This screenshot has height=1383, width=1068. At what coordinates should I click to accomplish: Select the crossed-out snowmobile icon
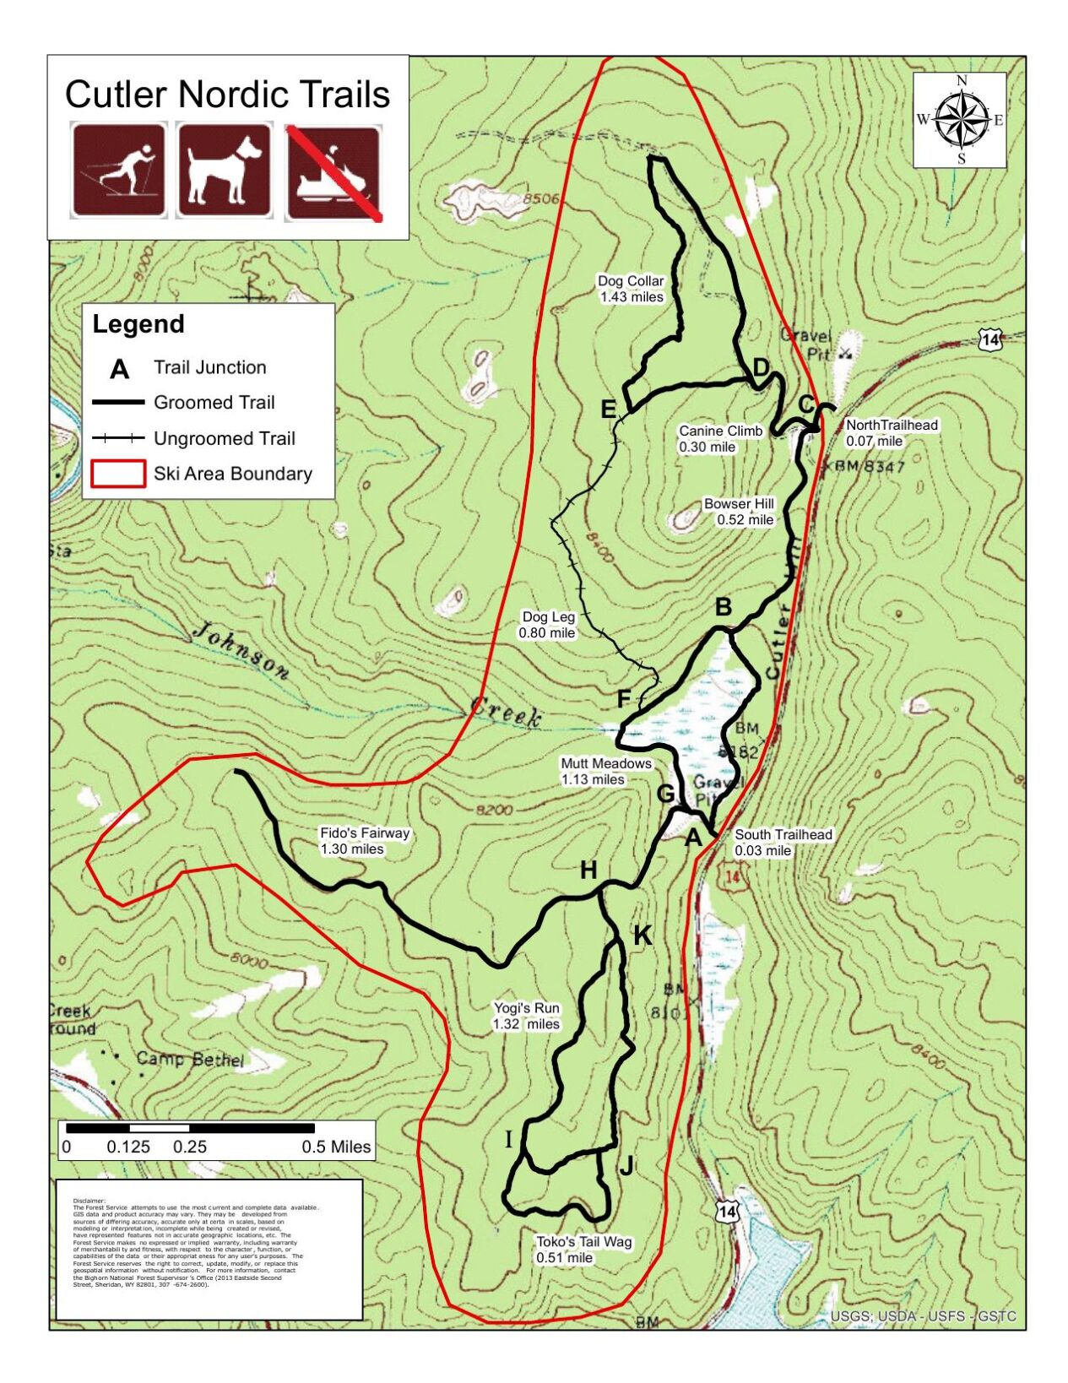pos(333,172)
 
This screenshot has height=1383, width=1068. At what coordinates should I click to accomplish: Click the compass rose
pos(961,120)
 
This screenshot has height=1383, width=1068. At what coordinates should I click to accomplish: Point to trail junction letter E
pos(608,409)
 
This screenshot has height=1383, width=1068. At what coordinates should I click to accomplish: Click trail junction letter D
pos(761,367)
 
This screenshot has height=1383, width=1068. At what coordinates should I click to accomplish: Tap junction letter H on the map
pos(588,870)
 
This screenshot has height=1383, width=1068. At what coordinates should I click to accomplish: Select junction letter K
pos(642,935)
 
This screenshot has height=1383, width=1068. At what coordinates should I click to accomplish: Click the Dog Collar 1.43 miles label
pos(631,289)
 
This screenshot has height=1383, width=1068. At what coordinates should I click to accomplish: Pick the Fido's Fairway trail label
pos(364,841)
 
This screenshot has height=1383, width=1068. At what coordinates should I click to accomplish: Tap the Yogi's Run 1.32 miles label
pos(526,1016)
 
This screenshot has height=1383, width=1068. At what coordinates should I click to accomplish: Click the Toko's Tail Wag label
pos(583,1250)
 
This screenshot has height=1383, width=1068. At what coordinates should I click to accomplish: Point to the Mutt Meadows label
pos(605,771)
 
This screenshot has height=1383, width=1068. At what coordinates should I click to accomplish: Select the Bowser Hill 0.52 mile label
pos(739,512)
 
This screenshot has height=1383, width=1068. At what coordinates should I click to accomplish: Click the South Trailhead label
pos(783,842)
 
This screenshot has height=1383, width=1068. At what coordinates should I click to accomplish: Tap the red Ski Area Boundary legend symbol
pos(117,474)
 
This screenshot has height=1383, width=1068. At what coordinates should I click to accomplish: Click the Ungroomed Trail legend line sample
pos(117,438)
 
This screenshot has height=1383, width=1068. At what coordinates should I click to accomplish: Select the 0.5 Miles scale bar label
pos(336,1147)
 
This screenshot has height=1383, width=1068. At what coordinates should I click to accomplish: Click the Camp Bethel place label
pos(190,1059)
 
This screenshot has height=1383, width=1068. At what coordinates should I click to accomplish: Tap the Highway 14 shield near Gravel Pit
pos(989,340)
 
